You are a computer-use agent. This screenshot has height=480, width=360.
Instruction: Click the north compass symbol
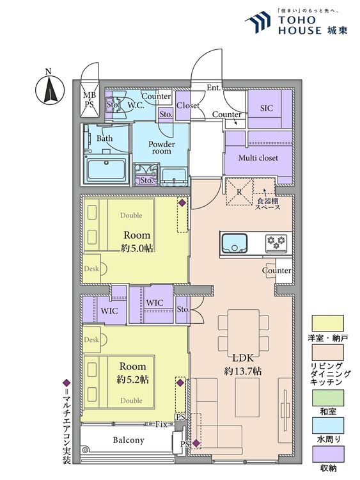point(50,89)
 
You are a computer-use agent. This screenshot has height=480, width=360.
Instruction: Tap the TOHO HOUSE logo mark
point(258,22)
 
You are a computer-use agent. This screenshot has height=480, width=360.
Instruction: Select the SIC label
point(267,108)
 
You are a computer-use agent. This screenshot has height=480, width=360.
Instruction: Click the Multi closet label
point(258,158)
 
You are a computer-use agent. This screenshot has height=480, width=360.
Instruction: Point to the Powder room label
point(162,147)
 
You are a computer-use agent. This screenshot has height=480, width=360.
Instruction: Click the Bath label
point(105,138)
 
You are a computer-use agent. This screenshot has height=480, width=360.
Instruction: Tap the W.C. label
point(136,105)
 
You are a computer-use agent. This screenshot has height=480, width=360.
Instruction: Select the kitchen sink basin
point(235,243)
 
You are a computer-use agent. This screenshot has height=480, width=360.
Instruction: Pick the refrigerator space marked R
point(239,192)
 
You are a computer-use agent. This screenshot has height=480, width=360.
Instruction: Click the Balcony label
point(129,440)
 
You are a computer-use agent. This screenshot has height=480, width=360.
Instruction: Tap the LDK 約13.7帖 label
point(243,365)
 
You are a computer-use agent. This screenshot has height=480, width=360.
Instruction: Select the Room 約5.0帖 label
point(137,241)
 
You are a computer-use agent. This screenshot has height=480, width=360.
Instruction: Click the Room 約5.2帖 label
point(133,373)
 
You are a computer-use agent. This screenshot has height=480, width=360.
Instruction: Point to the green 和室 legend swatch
point(328,397)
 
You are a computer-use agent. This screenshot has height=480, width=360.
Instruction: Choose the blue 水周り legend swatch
point(328,426)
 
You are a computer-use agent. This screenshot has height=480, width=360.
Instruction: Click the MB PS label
point(90,99)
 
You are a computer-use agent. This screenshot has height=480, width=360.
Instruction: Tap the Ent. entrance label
point(214,88)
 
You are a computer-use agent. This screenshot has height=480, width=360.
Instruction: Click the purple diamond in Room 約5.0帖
point(182,203)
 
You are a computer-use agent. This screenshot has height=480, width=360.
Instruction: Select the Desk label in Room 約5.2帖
point(91,339)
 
